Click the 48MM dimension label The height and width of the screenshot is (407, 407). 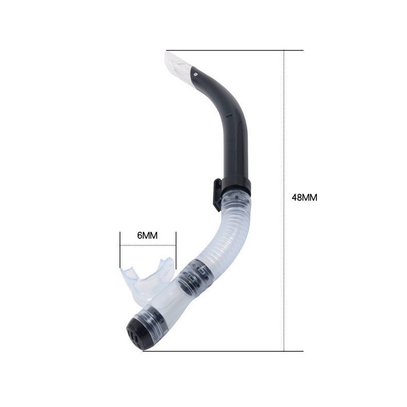tap(304, 197)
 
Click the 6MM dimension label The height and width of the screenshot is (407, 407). tap(147, 235)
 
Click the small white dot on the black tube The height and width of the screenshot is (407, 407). tap(195, 74)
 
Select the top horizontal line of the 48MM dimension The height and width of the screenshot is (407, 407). tap(234, 50)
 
